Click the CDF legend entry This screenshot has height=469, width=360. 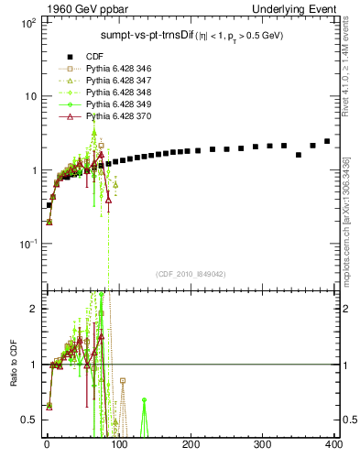pyautogui.click(x=96, y=55)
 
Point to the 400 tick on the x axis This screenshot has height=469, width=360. pyautogui.click(x=333, y=444)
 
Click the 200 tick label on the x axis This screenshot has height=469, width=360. pyautogui.click(x=191, y=444)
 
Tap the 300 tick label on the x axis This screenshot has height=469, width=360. pyautogui.click(x=262, y=444)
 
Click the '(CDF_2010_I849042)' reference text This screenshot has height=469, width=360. pyautogui.click(x=191, y=274)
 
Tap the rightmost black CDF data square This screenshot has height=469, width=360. pyautogui.click(x=327, y=141)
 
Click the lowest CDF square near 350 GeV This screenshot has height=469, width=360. pyautogui.click(x=299, y=155)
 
